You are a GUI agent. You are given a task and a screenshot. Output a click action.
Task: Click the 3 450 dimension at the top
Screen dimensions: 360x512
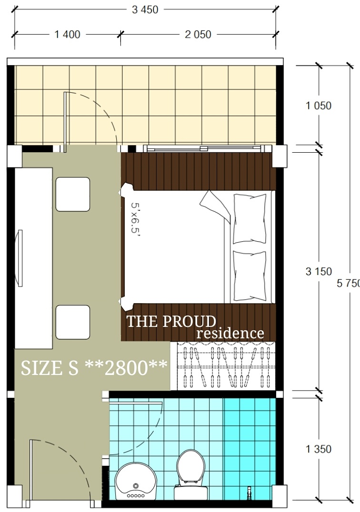145,10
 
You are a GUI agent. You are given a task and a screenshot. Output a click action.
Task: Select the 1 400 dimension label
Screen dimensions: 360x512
67,34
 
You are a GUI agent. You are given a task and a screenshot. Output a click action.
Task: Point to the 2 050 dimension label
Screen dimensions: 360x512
198,34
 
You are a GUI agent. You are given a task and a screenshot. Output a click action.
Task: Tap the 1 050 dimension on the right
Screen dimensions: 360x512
319,106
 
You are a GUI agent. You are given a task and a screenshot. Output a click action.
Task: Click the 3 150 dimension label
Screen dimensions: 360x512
319,271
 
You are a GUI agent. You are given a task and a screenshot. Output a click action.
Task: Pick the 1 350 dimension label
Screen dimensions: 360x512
319,449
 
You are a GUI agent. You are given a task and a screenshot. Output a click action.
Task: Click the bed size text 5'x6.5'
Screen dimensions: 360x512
135,218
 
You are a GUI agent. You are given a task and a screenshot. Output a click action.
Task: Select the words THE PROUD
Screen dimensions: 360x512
171,321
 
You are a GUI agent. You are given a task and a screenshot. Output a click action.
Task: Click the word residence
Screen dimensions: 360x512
230,334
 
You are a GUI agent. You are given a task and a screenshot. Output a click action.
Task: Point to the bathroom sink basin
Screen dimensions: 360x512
136,481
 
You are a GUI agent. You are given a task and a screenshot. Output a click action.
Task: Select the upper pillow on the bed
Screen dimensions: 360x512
250,218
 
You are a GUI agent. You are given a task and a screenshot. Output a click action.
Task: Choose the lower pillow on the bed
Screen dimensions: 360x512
250,276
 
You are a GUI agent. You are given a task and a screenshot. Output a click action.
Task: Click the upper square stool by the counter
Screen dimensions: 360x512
73,194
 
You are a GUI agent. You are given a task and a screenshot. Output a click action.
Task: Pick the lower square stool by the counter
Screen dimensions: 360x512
73,322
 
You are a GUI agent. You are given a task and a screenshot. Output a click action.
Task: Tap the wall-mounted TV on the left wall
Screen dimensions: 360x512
19,258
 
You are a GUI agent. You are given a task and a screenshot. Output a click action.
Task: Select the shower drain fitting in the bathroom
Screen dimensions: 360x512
249,491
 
